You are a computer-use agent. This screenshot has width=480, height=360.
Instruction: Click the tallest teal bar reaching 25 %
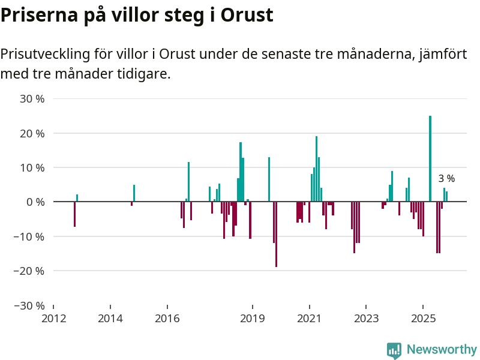430,158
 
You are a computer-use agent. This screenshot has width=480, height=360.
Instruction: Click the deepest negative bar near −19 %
276,234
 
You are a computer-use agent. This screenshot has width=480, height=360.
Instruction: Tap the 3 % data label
446,178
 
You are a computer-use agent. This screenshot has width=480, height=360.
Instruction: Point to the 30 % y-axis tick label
32,98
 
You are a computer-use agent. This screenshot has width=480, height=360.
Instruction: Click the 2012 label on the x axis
53,317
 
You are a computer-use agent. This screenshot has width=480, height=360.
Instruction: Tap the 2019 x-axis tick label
253,317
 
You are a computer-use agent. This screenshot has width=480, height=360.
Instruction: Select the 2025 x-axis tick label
423,317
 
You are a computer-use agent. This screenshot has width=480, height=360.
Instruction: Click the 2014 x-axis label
110,317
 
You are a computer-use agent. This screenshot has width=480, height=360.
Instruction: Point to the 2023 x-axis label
366,317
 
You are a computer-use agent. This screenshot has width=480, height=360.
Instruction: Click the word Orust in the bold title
247,16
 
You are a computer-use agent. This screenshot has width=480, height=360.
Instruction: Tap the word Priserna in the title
38,16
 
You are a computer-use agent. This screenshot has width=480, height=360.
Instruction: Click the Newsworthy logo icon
394,350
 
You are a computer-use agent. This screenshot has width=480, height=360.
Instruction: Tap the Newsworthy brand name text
442,349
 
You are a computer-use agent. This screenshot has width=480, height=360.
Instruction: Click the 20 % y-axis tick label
32,133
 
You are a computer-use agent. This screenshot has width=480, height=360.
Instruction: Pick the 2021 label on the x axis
310,317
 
